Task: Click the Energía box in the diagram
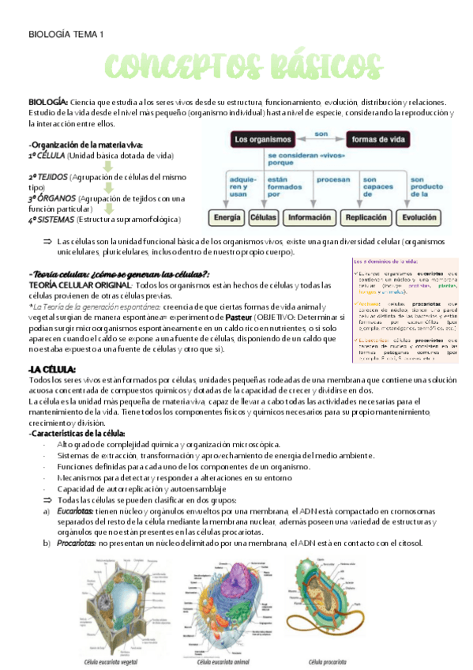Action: click(226, 216)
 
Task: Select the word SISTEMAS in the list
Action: click(57, 219)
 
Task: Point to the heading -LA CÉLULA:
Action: click(51, 369)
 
